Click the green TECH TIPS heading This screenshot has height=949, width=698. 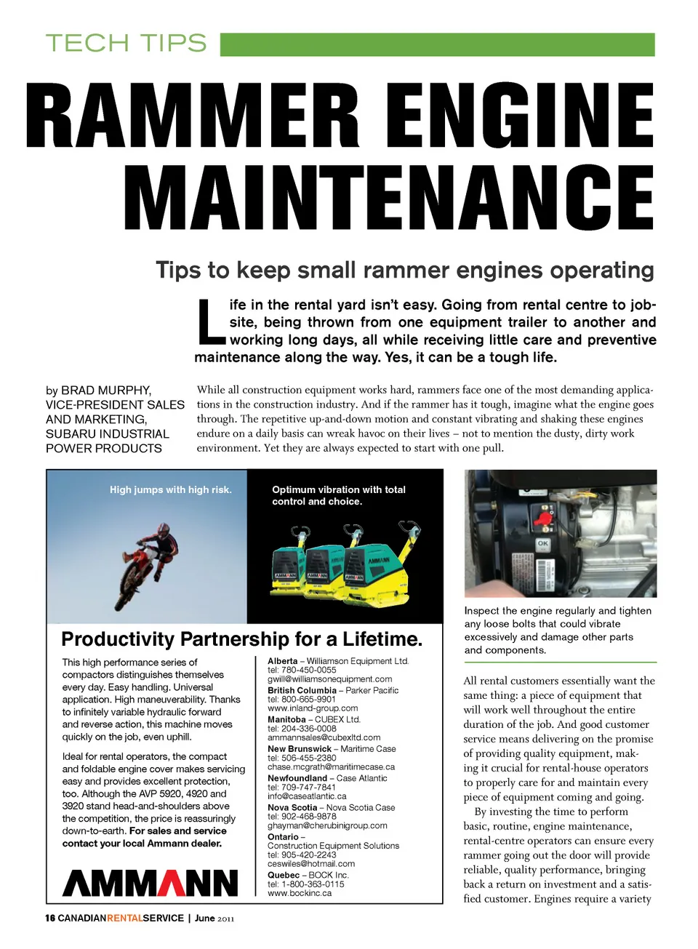pyautogui.click(x=126, y=44)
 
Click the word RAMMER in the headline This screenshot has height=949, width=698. pyautogui.click(x=193, y=116)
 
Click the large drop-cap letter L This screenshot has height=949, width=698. pyautogui.click(x=211, y=321)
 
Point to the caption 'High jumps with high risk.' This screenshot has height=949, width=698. pyautogui.click(x=171, y=490)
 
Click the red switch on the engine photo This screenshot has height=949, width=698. pyautogui.click(x=542, y=518)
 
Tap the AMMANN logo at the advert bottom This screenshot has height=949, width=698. pyautogui.click(x=151, y=882)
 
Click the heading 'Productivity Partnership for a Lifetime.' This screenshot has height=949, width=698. pyautogui.click(x=241, y=639)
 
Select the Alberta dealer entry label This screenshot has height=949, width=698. pyautogui.click(x=282, y=661)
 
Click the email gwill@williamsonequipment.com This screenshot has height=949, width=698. pyautogui.click(x=329, y=679)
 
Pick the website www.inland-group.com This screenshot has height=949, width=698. pyautogui.click(x=313, y=708)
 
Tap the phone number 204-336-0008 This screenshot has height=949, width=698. pyautogui.click(x=309, y=728)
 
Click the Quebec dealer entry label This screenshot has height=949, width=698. pyautogui.click(x=284, y=875)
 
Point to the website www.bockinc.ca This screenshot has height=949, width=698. pyautogui.click(x=300, y=893)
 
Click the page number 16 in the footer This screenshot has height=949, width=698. pyautogui.click(x=50, y=918)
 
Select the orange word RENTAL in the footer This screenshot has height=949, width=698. pyautogui.click(x=124, y=918)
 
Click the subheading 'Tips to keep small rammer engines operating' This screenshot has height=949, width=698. pyautogui.click(x=405, y=271)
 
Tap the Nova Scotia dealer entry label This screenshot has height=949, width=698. pyautogui.click(x=292, y=807)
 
